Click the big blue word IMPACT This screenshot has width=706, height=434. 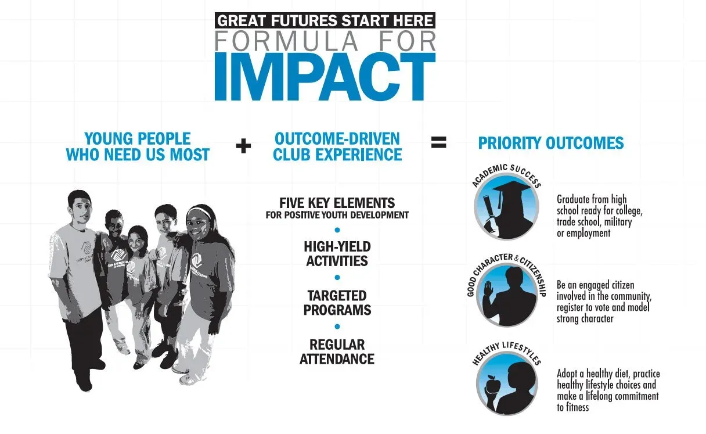tap(325, 76)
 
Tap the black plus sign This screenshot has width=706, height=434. tap(243, 146)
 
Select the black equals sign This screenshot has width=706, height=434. tap(439, 142)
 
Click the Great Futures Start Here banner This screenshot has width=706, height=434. tap(325, 20)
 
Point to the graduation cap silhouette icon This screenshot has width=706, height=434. tap(506, 207)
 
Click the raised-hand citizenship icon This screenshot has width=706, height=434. tap(507, 295)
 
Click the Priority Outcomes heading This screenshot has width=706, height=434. tap(551, 143)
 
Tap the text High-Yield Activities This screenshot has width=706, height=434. tap(337, 254)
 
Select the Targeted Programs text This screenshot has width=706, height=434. tap(337, 303)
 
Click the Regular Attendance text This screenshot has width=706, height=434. tap(337, 351)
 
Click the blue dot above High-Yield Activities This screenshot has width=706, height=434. tap(337, 230)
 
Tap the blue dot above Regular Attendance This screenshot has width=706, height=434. tap(337, 327)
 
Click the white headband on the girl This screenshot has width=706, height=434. tap(199, 210)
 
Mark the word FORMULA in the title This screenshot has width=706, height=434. tap(286, 41)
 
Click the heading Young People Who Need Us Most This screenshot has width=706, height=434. tap(138, 146)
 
